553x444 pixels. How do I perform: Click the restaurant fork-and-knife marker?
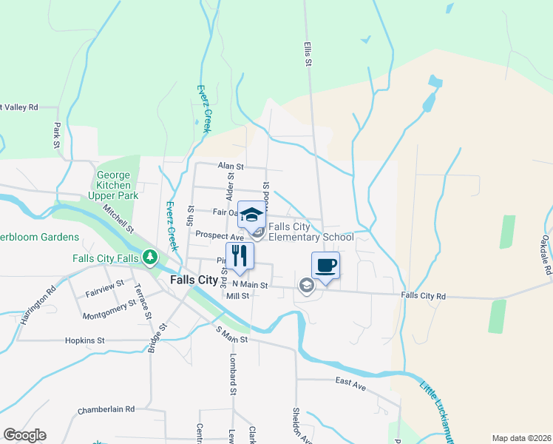click(240, 256)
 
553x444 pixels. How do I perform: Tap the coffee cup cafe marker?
click(325, 265)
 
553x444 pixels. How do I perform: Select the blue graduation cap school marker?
click(251, 215)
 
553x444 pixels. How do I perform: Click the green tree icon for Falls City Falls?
click(151, 258)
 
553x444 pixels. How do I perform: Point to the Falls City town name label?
click(194, 280)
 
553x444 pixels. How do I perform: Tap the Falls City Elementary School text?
click(311, 232)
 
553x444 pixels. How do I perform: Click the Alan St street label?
click(231, 167)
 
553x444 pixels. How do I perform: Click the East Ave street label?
click(350, 382)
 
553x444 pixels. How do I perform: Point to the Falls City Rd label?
click(424, 296)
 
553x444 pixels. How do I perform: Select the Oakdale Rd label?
click(546, 255)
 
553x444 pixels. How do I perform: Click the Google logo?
click(24, 435)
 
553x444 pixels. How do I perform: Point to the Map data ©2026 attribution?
click(520, 438)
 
